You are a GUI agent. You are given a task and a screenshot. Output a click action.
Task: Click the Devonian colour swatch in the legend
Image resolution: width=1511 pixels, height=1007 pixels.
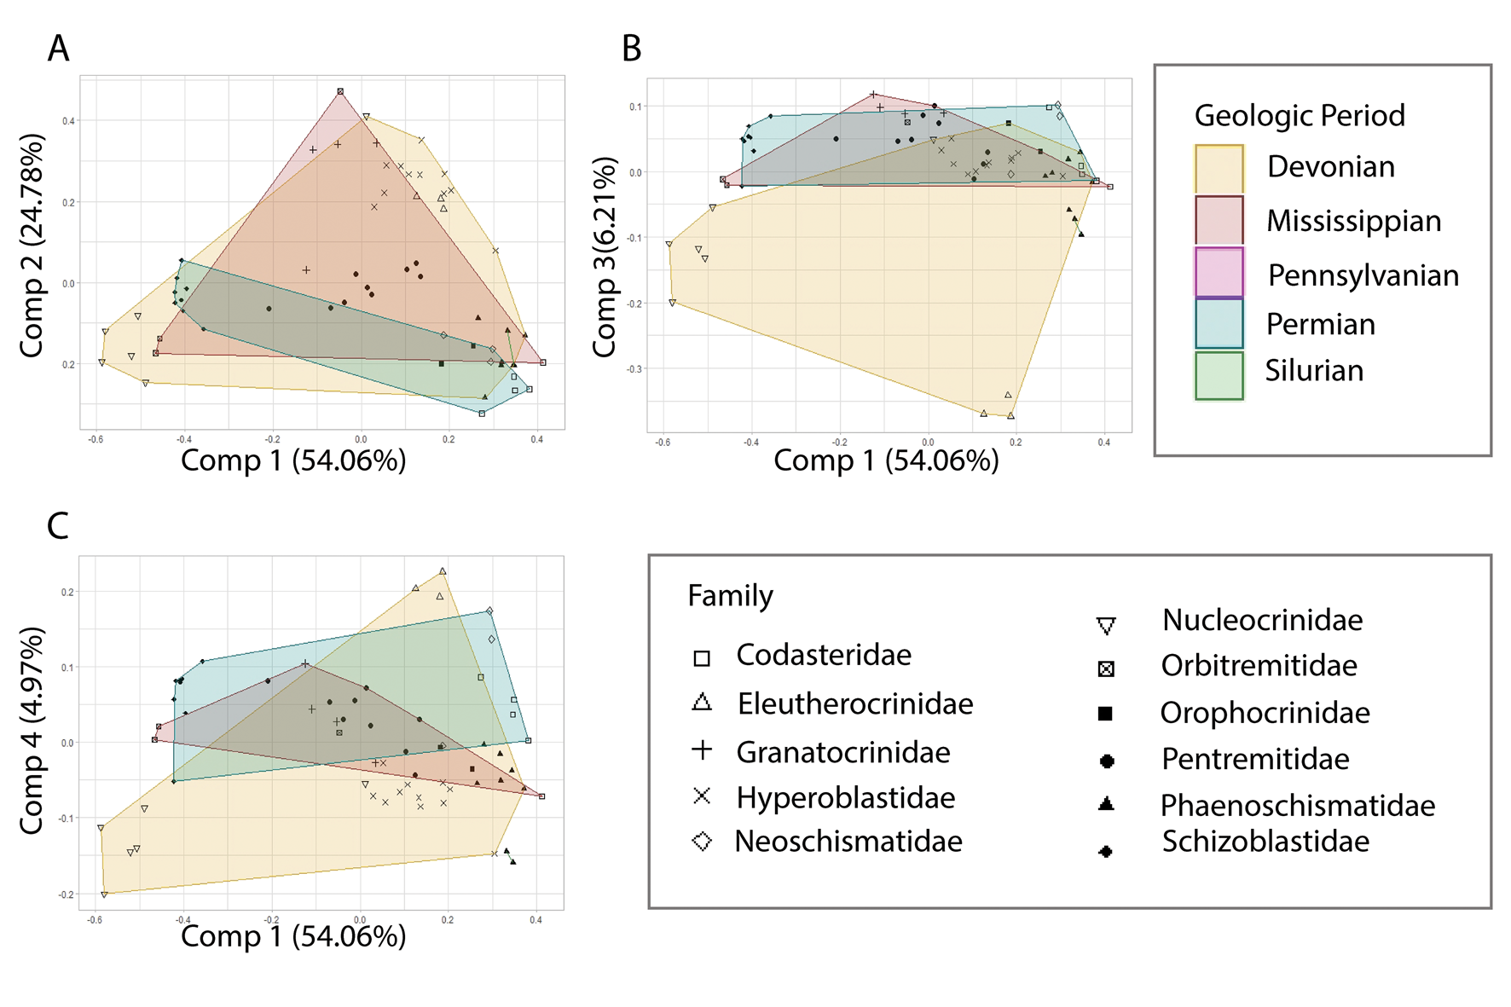pos(1219,168)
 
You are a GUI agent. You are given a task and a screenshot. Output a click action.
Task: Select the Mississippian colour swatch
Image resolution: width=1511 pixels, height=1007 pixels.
pos(1219,220)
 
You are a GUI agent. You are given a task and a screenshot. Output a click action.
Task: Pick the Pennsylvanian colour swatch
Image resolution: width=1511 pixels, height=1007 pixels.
pos(1219,272)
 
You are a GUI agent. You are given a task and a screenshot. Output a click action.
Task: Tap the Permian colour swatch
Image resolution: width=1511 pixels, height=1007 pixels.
pos(1219,323)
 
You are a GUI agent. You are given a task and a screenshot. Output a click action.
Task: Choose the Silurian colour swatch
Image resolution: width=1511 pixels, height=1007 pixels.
pos(1219,375)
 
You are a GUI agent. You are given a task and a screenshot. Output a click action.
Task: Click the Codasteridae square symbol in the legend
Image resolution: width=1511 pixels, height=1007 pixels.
pos(702,657)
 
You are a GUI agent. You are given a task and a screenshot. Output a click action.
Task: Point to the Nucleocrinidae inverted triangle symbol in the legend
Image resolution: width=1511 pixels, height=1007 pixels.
pos(1106,627)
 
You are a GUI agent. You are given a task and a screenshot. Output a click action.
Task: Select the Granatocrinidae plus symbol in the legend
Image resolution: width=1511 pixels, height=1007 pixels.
pos(702,750)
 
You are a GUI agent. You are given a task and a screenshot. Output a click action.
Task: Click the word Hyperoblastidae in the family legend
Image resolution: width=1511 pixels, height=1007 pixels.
pos(845,797)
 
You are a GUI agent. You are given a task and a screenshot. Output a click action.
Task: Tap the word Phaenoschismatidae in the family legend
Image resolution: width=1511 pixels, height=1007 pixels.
pos(1297,805)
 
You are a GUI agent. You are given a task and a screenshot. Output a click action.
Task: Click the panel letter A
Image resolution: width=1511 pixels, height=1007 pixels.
pos(58,49)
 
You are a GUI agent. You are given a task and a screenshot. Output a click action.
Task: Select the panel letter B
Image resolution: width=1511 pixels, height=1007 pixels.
pos(631,49)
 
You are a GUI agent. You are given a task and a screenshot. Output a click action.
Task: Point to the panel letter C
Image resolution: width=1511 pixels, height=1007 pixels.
pos(58,525)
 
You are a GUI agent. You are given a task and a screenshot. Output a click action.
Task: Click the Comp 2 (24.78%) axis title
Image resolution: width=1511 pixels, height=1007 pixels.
pos(32,246)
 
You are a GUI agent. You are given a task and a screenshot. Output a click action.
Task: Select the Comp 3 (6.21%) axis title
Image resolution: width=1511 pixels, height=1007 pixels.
pos(605,257)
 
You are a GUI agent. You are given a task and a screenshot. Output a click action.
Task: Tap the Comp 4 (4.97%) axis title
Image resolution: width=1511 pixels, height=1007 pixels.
pos(32,730)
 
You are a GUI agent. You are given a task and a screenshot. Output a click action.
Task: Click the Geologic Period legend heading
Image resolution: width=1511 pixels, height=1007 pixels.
pos(1299,115)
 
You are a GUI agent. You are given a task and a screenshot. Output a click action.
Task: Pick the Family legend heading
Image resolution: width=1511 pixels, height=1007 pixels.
pos(730,595)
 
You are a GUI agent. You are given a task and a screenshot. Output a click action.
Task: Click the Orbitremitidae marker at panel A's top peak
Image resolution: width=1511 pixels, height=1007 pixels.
pos(340,91)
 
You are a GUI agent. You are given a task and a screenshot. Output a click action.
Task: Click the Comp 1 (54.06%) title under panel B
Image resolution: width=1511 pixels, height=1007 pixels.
pos(886,460)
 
